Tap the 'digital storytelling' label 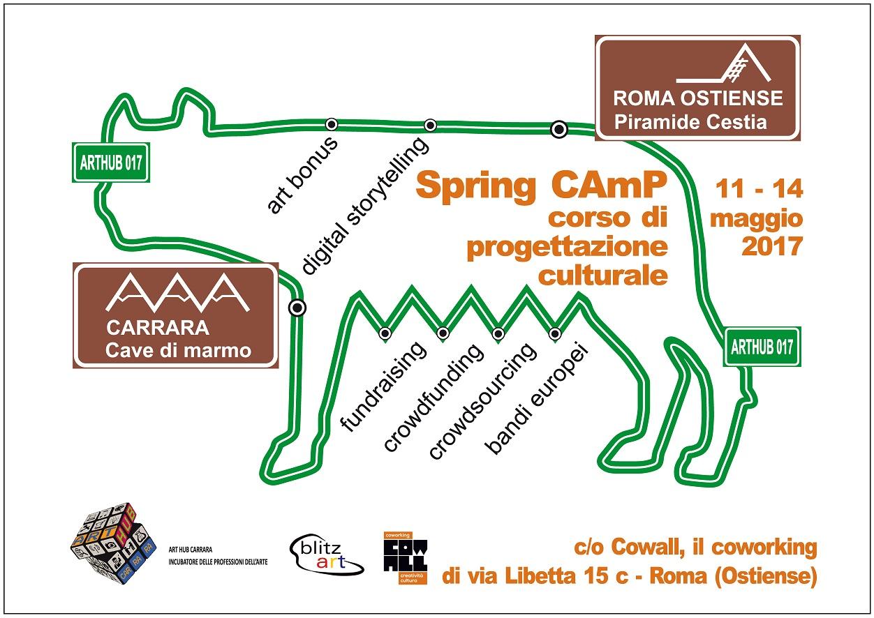click(x=366, y=206)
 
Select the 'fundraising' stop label click(x=382, y=388)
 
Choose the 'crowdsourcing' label click(x=483, y=402)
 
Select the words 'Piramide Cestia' click(x=690, y=122)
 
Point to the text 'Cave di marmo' click(x=178, y=349)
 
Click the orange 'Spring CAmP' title click(x=541, y=186)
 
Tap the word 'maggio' click(x=756, y=218)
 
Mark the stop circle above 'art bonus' click(x=332, y=124)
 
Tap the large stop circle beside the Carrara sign click(x=297, y=307)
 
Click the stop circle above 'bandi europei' click(x=555, y=333)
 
